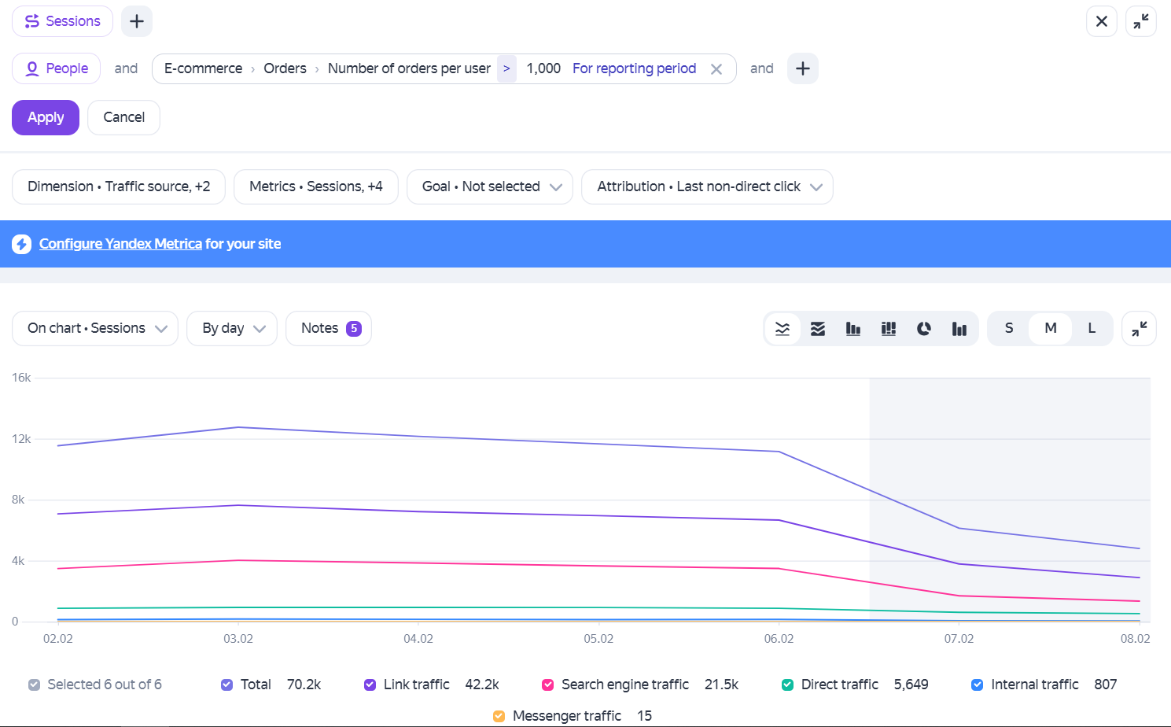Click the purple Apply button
point(46,117)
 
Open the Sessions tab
point(62,21)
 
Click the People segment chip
point(56,68)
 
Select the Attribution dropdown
point(707,186)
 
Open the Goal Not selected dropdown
point(490,186)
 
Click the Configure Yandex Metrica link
point(120,244)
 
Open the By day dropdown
point(231,328)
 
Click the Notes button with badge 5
point(329,328)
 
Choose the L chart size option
point(1092,328)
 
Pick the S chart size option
point(1009,328)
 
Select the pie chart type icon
point(924,328)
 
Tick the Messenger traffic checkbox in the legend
point(499,716)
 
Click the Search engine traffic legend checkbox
point(547,685)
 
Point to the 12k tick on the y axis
point(21,439)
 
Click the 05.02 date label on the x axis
point(598,639)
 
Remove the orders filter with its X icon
point(716,69)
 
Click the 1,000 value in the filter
point(543,68)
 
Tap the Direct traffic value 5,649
point(911,685)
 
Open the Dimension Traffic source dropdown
point(119,186)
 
